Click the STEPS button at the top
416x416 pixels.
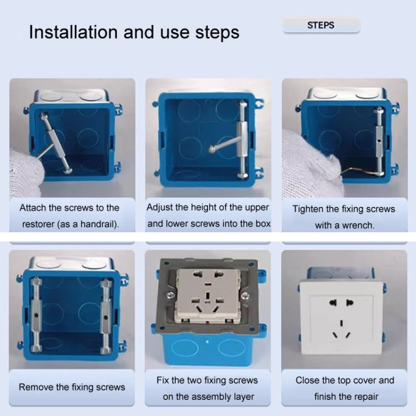pos(321,25)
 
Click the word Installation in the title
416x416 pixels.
pos(73,32)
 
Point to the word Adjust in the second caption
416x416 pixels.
pos(159,207)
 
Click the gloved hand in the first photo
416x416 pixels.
pos(25,173)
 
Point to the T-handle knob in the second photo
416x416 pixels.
pos(212,149)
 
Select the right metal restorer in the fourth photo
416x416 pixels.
pos(106,316)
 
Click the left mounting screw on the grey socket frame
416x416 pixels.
pos(170,295)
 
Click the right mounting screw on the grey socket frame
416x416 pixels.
pos(245,295)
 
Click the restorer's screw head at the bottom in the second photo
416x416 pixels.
pos(243,175)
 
